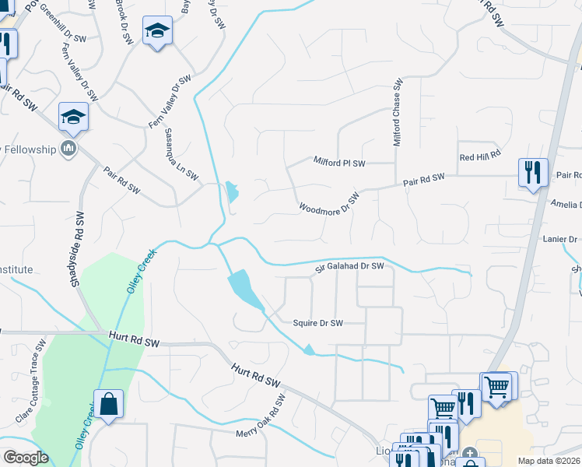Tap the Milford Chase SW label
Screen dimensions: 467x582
[397, 113]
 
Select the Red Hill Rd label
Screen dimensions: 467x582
[479, 156]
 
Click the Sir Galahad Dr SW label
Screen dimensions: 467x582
[350, 267]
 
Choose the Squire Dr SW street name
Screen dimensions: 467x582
[317, 323]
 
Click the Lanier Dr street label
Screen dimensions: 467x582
[560, 239]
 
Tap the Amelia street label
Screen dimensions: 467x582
[566, 204]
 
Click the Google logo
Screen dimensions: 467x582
[26, 458]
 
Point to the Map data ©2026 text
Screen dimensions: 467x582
[549, 461]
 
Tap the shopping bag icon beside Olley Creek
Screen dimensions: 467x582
[108, 405]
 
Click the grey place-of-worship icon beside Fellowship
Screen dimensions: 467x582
[68, 149]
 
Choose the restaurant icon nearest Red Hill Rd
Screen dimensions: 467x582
[533, 172]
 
